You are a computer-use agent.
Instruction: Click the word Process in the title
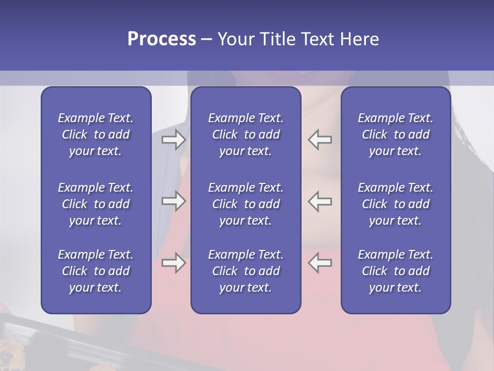[162, 39]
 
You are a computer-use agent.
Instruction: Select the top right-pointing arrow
[173, 140]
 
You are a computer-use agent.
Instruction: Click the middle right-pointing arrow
[173, 201]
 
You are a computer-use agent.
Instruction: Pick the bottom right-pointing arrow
[173, 263]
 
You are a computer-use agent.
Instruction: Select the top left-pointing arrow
[320, 140]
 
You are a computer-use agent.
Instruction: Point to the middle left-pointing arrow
[320, 201]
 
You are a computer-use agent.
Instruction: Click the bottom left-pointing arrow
[320, 263]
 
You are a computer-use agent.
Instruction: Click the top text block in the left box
[96, 134]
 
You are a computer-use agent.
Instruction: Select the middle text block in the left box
[96, 204]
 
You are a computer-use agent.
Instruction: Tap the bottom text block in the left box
[96, 271]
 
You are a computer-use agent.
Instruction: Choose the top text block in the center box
[245, 134]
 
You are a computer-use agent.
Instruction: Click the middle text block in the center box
[245, 204]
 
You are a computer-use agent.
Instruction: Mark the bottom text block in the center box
[245, 271]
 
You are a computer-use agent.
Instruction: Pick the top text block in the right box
[395, 134]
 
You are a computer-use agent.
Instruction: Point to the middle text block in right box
[395, 204]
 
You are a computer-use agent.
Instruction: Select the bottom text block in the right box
[395, 271]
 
